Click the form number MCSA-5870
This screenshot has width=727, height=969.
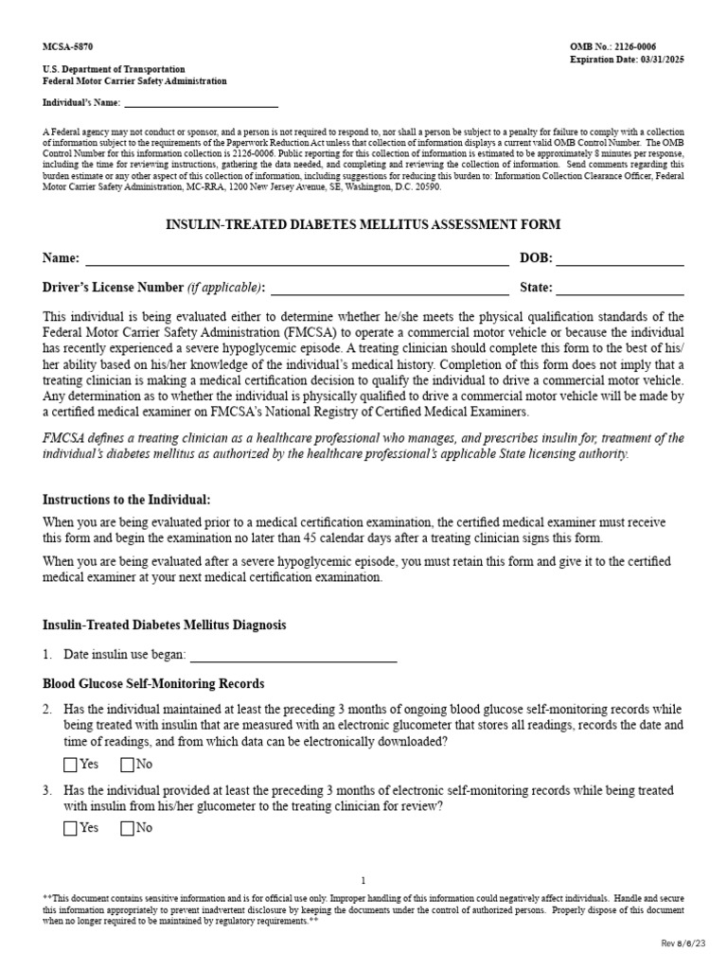(68, 46)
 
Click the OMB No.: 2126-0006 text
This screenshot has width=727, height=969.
(626, 46)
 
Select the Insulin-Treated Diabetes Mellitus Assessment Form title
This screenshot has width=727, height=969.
(363, 224)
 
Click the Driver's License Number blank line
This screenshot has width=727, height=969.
(390, 290)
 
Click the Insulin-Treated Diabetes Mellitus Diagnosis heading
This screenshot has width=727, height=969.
(165, 625)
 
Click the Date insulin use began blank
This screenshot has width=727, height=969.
(293, 656)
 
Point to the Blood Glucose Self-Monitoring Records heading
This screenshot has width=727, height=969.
(154, 683)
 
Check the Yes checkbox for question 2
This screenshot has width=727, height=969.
(71, 765)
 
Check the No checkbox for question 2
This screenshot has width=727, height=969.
(128, 765)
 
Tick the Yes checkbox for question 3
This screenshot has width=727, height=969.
(71, 829)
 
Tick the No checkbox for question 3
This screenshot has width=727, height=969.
(128, 829)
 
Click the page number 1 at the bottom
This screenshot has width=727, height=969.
(363, 880)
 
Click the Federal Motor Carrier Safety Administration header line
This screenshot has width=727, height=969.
(135, 81)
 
